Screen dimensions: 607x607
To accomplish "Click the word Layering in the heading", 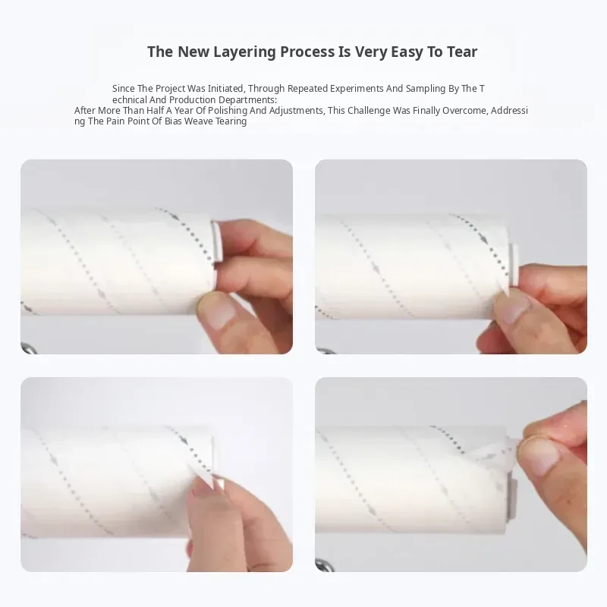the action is click(244, 52).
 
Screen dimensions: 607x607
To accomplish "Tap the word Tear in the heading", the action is click(462, 52).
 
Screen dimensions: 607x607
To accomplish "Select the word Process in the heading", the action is click(307, 52).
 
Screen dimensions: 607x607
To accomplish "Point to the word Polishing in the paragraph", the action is click(227, 111).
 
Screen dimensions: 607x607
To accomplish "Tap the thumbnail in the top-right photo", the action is click(511, 308).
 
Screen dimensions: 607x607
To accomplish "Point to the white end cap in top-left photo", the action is click(216, 241).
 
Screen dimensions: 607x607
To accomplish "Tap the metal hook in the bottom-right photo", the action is click(324, 565).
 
